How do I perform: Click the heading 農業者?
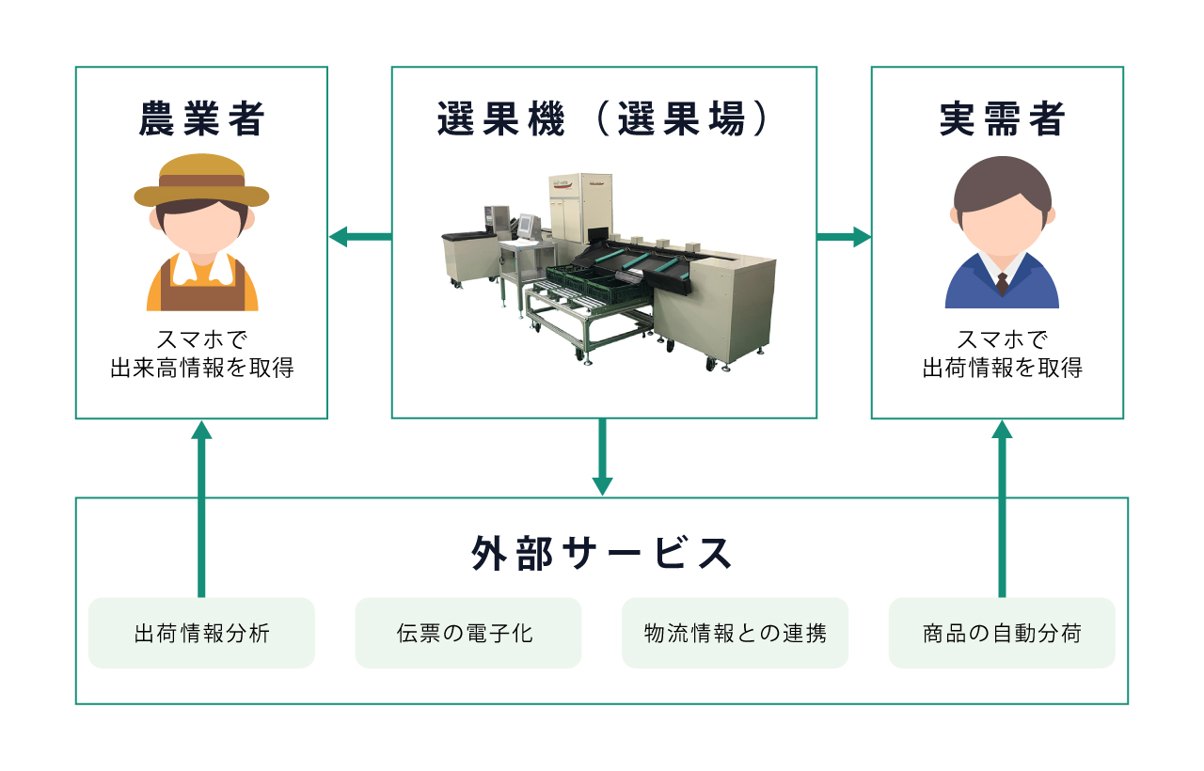coord(201,119)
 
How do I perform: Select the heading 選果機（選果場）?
coord(604,119)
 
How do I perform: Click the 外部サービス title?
coord(602,553)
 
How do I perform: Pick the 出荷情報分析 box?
coord(201,633)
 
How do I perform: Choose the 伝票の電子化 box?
coord(467,633)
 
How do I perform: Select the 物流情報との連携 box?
coord(735,633)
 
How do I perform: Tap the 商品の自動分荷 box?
coord(1002,633)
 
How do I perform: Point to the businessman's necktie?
coord(1002,283)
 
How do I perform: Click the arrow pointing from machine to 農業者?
coord(359,237)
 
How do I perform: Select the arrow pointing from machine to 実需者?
coord(844,237)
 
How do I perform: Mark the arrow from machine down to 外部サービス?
coord(602,457)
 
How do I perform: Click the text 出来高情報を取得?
coord(201,368)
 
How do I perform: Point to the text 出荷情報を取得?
coord(1002,368)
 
